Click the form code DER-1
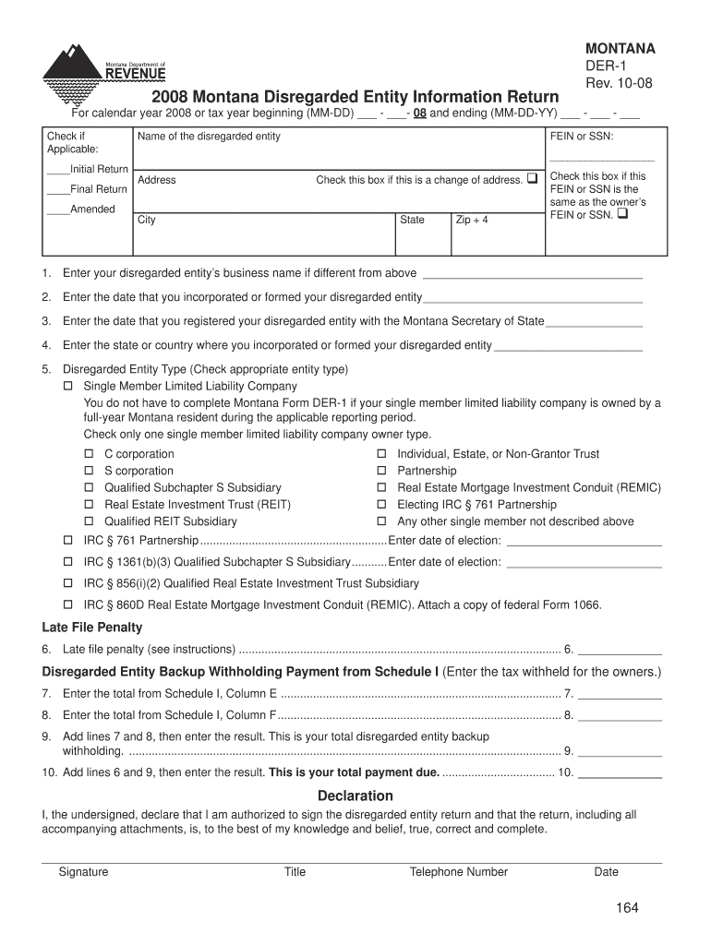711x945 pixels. (606, 66)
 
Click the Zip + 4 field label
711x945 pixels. (472, 221)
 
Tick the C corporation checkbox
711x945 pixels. (90, 454)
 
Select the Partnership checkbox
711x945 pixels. (381, 471)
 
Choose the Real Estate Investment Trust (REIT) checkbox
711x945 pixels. (90, 505)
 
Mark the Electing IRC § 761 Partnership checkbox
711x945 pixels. (381, 505)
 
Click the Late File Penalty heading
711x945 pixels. (92, 628)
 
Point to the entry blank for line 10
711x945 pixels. (620, 772)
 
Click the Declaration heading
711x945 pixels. (355, 795)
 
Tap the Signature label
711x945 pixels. (83, 872)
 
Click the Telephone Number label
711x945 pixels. (459, 872)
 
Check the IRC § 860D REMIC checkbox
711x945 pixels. (68, 605)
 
